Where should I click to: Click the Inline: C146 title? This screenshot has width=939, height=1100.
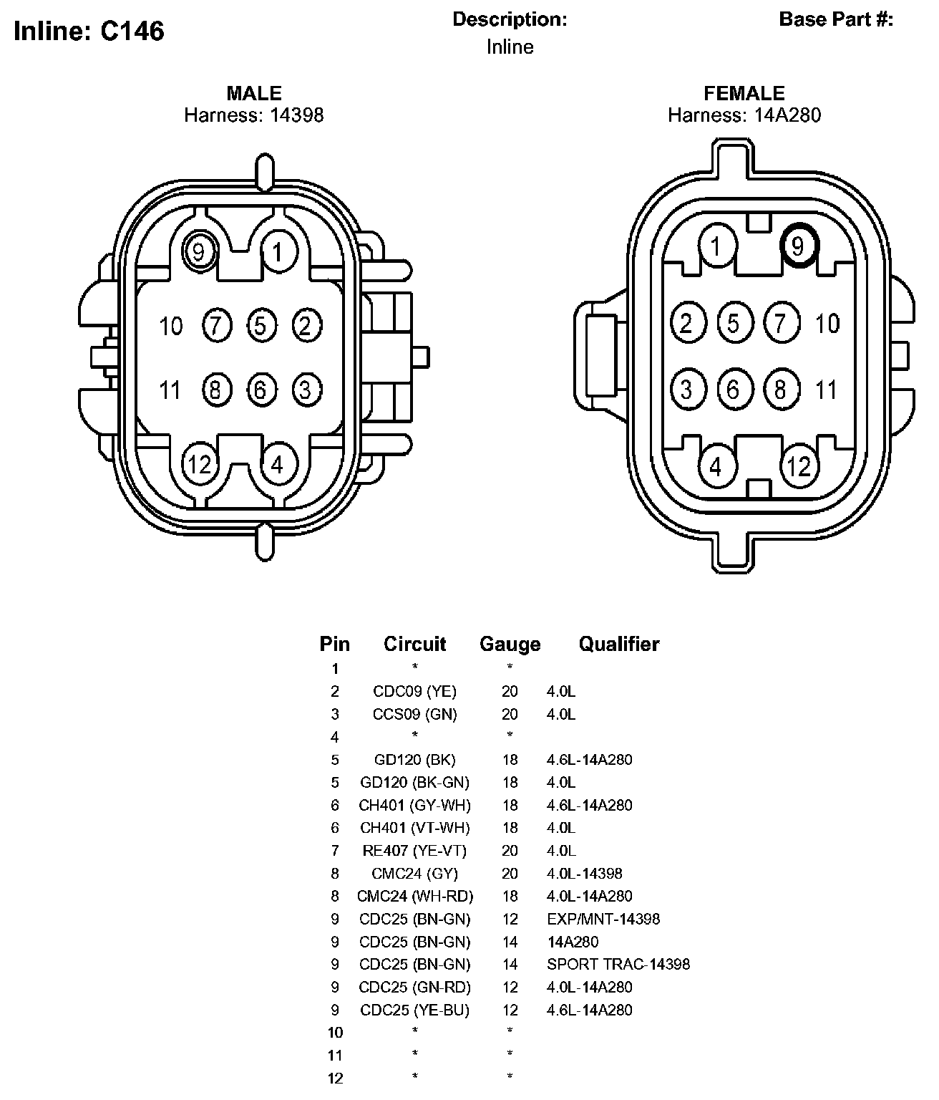tap(89, 31)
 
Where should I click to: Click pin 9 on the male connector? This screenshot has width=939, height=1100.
tap(199, 251)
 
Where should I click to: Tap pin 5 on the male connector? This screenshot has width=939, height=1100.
tap(260, 326)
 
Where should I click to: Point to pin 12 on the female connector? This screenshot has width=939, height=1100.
tap(799, 466)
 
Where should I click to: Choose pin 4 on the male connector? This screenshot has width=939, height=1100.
tap(277, 465)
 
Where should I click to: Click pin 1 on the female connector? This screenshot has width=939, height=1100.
tap(716, 246)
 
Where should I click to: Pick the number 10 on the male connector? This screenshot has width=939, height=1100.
tap(170, 327)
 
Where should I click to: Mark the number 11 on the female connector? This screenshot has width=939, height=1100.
tap(826, 390)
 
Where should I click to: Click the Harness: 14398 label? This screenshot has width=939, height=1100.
tap(253, 115)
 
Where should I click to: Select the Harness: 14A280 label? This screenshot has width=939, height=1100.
tap(744, 115)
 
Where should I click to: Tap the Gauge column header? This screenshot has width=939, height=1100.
tap(510, 645)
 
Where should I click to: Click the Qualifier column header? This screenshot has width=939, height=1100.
tap(619, 644)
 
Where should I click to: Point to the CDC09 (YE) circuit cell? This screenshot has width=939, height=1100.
tap(414, 691)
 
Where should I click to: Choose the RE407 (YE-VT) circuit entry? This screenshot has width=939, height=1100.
tap(414, 851)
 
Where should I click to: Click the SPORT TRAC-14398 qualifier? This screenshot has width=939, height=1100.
tap(618, 964)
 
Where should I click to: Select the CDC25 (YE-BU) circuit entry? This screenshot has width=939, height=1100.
tap(414, 1010)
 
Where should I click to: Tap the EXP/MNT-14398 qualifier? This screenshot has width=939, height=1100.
tap(603, 919)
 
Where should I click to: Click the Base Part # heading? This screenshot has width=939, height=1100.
tap(836, 19)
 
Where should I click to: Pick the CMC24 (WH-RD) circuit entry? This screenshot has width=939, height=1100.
tap(414, 896)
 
